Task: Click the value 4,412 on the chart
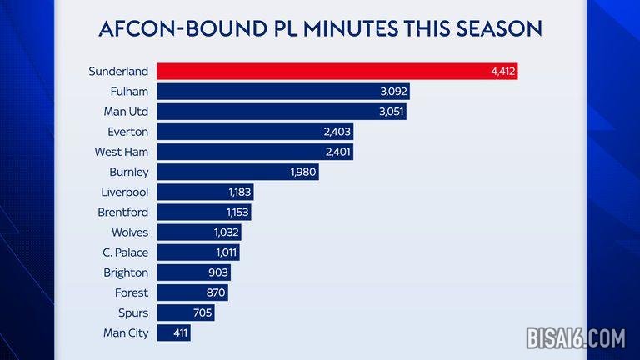tap(503, 72)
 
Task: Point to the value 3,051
tap(391, 112)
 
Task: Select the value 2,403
tap(337, 132)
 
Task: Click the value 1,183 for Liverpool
tap(238, 192)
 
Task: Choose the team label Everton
tap(127, 132)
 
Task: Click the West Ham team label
tap(122, 152)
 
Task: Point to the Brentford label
tap(123, 212)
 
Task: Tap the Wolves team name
tap(129, 232)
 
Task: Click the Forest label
tap(132, 292)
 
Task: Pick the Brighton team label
tap(127, 272)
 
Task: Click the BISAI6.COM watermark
tap(575, 337)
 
